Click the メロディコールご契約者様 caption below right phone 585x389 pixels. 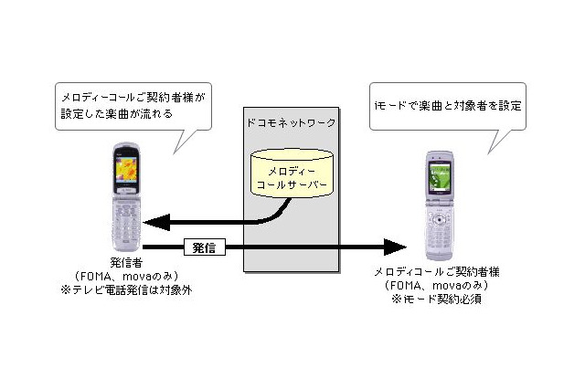[442, 272]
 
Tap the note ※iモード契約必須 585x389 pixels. [442, 299]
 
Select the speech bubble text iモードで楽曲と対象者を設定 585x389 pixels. [448, 105]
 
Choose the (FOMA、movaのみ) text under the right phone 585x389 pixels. [442, 286]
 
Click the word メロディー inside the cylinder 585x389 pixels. [291, 170]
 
